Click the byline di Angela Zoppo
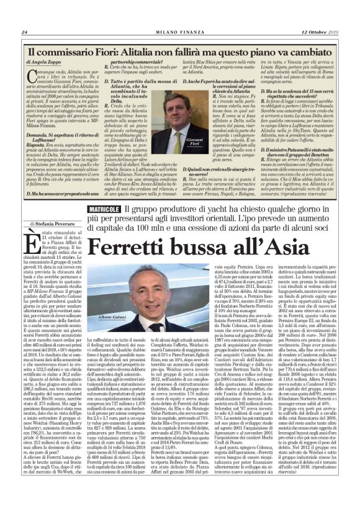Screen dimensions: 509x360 click(x=43, y=63)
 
